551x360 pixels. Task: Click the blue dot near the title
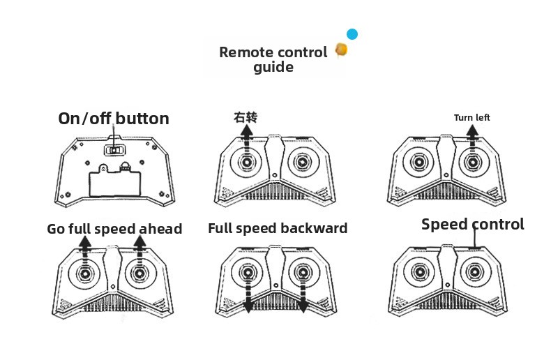(x=352, y=34)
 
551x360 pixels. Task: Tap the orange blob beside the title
(x=341, y=50)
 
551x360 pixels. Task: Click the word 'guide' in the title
(x=273, y=67)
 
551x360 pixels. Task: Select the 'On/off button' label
(x=114, y=119)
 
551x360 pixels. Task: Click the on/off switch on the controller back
(x=115, y=150)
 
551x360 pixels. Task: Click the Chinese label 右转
(x=246, y=117)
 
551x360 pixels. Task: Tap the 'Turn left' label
(x=471, y=117)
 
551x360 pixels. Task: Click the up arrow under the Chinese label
(x=247, y=140)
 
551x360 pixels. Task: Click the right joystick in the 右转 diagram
(x=303, y=163)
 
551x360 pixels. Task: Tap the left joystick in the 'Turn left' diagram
(x=419, y=162)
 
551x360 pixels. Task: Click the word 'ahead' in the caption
(x=160, y=229)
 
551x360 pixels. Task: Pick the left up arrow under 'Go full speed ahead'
(x=84, y=250)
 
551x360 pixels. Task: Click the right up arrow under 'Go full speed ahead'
(x=140, y=250)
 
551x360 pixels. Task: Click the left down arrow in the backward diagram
(x=248, y=294)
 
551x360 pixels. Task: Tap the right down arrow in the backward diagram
(x=303, y=294)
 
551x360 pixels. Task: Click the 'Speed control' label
(x=473, y=224)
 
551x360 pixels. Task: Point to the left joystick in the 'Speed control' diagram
(x=420, y=272)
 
